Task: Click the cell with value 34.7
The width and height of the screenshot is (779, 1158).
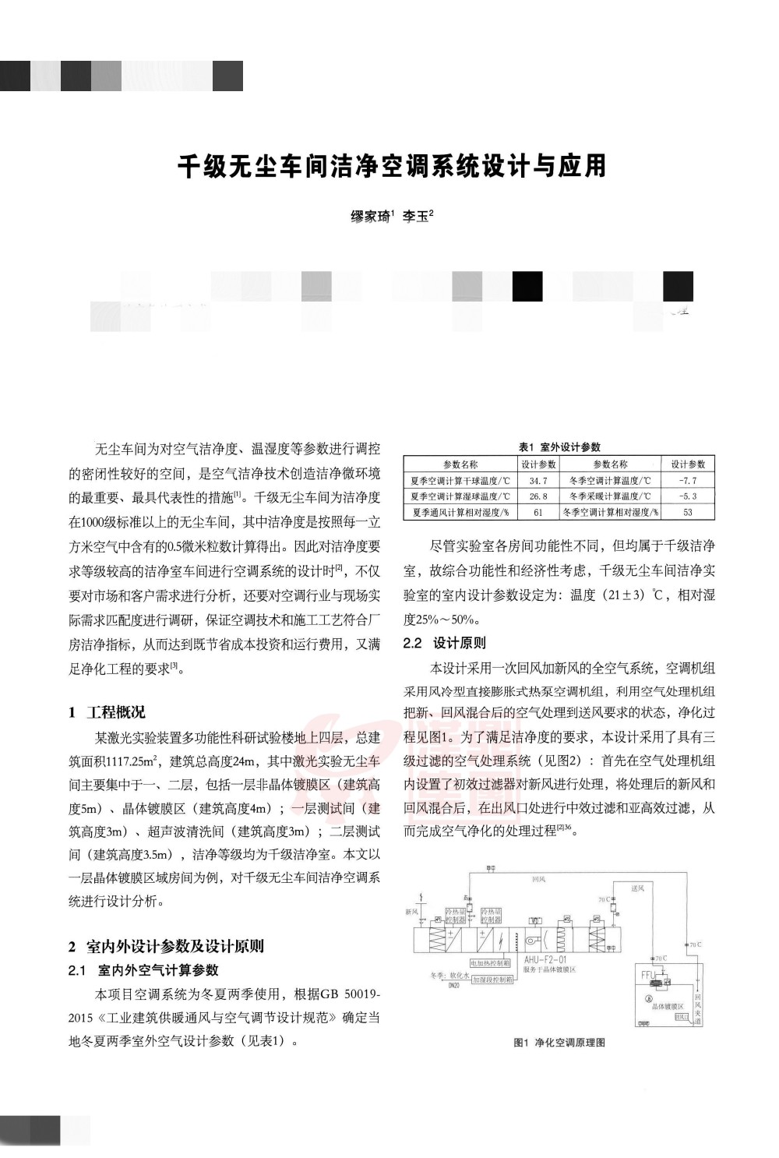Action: point(538,481)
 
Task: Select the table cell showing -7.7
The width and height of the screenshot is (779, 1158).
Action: point(688,481)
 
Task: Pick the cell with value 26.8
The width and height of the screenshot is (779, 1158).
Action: point(538,496)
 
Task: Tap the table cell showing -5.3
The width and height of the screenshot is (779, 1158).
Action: point(688,496)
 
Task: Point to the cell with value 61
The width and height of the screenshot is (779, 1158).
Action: point(538,513)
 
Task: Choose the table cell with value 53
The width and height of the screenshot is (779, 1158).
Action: point(688,513)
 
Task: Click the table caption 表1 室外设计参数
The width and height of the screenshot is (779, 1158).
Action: point(559,447)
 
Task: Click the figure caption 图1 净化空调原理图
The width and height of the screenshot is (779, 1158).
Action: point(559,1043)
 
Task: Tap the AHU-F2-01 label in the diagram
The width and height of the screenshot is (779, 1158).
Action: point(545,960)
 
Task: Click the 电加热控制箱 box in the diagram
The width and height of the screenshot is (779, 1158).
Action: point(490,964)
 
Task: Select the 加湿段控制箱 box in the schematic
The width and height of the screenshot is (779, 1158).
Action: point(492,980)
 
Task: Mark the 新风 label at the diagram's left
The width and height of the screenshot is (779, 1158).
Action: point(411,912)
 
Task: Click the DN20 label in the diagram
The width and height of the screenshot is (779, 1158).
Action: point(453,985)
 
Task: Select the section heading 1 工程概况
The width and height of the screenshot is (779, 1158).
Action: point(107,712)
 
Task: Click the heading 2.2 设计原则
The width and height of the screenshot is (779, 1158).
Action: point(444,643)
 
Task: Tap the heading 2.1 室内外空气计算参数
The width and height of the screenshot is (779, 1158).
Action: point(143,970)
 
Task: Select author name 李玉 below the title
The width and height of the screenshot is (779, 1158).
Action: point(416,217)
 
